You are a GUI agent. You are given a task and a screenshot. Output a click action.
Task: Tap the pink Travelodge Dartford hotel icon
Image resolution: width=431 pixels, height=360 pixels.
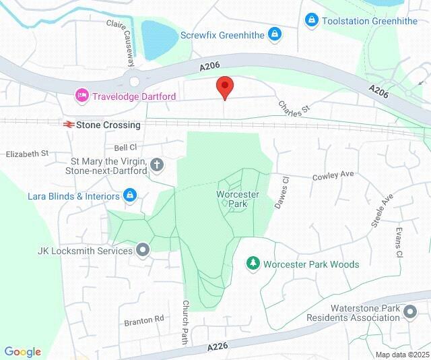coord(82,96)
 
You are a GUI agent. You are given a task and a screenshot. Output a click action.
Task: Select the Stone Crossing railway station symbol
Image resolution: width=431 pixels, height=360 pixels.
coord(67,125)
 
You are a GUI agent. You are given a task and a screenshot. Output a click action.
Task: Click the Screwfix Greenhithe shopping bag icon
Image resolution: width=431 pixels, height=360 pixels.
coord(274,34)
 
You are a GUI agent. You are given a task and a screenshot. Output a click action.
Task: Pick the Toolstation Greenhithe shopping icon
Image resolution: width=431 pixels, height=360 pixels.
coord(311,22)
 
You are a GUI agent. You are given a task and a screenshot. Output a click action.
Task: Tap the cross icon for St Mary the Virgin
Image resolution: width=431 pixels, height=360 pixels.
coord(157,164)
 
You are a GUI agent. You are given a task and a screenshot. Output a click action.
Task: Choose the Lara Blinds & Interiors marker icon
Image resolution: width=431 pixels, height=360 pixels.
coord(131,196)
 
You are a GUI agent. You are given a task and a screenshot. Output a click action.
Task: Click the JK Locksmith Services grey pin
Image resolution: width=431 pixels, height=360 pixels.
coord(143,251)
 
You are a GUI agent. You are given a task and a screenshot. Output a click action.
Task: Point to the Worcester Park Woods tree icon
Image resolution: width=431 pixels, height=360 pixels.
coord(253,264)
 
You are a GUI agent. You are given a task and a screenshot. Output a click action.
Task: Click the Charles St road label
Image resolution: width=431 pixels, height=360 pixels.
coord(294,106)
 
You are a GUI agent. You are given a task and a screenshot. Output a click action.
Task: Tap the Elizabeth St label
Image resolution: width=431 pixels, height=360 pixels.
coord(27,154)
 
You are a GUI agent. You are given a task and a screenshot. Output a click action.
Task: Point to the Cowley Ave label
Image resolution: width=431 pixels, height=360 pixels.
coord(333,175)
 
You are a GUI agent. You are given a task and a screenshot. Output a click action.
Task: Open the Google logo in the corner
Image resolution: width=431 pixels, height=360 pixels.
coord(22,351)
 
